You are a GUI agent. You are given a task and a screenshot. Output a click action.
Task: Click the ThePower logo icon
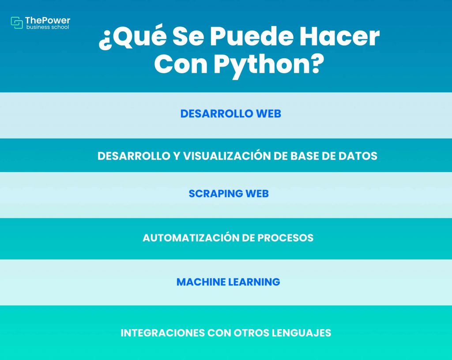17,23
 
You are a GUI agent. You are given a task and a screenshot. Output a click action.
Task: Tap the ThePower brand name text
48,20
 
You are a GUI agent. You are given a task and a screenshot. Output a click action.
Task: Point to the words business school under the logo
47,27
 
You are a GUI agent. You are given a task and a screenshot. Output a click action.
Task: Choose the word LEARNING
254,282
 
